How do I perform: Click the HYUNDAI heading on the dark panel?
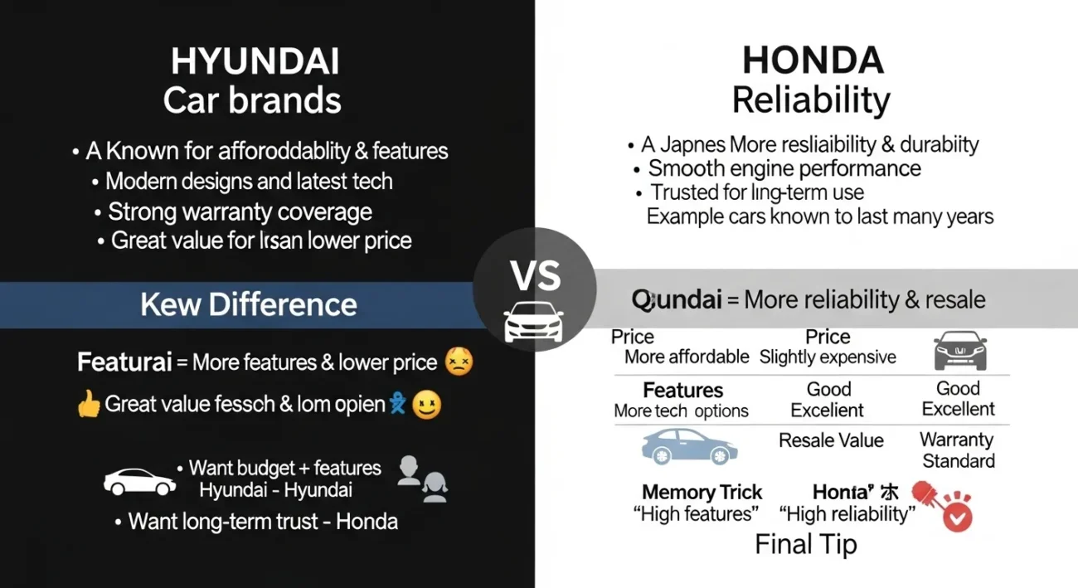255,63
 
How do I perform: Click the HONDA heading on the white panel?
812,61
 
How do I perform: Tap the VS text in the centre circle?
535,276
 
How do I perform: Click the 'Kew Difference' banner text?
249,304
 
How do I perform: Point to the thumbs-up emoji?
88,405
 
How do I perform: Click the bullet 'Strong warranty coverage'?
240,211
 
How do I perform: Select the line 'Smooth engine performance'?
784,168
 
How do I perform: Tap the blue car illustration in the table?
689,445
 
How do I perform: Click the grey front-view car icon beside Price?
959,350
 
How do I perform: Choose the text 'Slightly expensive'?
828,357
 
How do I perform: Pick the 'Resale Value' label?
831,440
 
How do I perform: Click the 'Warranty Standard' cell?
959,450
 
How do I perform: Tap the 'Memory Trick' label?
702,492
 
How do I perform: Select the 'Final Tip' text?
805,544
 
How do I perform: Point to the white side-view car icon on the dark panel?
139,481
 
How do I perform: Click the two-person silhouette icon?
423,479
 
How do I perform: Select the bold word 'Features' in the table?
682,390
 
